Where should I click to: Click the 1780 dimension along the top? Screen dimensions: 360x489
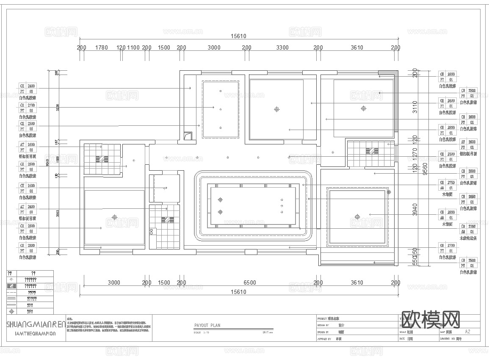pos(102,47)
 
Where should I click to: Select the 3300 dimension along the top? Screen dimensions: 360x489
pos(282,47)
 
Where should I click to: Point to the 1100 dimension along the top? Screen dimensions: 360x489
pos(133,47)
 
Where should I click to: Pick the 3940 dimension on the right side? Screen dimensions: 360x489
pos(415,209)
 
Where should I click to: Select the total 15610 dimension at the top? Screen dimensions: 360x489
pos(238,36)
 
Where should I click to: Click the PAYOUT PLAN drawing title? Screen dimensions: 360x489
pos(207,326)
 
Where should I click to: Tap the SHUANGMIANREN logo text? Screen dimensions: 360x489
pos(36,325)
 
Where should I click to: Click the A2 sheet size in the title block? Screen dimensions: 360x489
pos(467,332)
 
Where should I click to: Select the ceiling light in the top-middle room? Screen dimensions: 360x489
pos(277,109)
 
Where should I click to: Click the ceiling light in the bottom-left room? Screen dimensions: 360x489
pos(114,217)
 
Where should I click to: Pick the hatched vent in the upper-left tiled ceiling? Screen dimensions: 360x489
pos(102,159)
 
